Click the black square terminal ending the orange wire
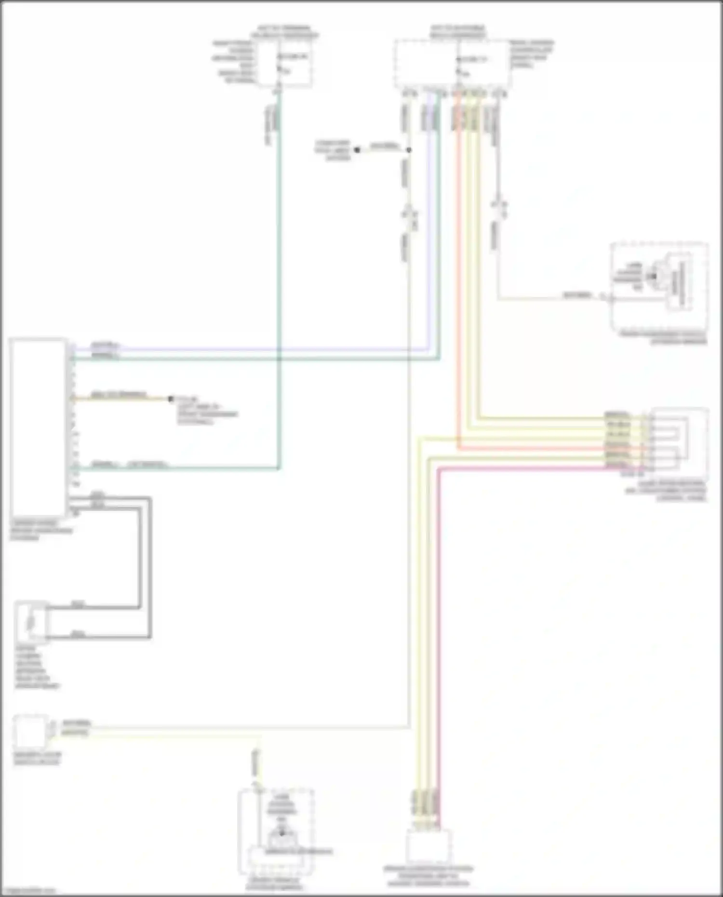pos(170,399)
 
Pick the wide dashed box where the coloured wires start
pos(452,65)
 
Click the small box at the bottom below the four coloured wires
pos(428,846)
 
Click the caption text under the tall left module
pos(41,530)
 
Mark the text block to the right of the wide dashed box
pos(532,54)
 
